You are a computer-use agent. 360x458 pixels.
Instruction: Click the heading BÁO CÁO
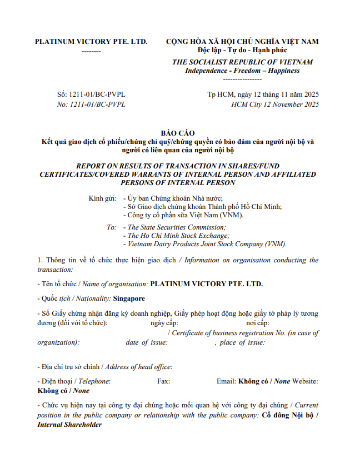pos(179,133)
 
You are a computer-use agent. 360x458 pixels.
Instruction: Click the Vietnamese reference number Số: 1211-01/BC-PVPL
pos(91,94)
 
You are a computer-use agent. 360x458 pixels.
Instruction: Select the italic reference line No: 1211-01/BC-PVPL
pos(91,104)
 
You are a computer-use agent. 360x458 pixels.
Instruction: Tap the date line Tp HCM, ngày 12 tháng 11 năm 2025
pos(263,94)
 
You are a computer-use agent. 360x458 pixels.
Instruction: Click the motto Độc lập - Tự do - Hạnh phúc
pos(242,50)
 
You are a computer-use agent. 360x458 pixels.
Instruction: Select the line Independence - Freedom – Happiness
pos(242,71)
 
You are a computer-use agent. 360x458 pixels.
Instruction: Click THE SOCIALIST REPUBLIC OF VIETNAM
pos(242,62)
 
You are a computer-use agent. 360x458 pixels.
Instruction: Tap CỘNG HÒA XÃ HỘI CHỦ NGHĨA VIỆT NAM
pos(242,42)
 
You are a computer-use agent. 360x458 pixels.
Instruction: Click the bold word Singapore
pos(129,298)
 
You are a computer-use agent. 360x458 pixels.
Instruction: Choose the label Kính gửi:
pos(102,198)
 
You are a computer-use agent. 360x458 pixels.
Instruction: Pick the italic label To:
pos(111,227)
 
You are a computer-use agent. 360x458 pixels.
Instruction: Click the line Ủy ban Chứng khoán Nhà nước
pos(174,198)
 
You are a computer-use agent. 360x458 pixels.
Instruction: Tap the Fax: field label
pos(163,381)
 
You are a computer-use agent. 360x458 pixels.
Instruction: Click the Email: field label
pos(226,381)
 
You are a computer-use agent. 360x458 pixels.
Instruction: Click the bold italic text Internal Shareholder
pos(69,425)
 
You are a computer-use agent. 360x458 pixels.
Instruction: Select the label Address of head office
pos(138,367)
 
